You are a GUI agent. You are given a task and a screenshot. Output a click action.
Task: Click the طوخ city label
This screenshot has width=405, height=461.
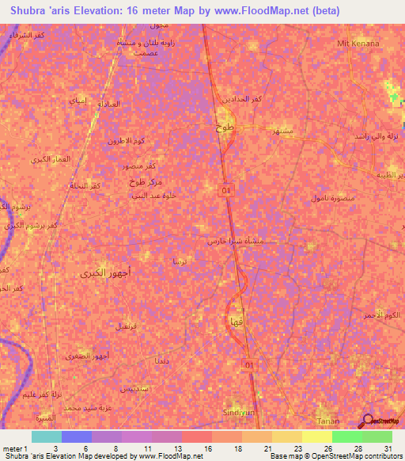pyautogui.click(x=225, y=127)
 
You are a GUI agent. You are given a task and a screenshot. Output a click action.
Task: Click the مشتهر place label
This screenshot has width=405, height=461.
pyautogui.click(x=282, y=129)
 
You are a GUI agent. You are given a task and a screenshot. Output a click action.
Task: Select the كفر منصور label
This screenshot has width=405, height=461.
pyautogui.click(x=138, y=167)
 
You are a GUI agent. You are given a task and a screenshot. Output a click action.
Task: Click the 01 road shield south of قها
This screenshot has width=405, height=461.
pyautogui.click(x=249, y=364)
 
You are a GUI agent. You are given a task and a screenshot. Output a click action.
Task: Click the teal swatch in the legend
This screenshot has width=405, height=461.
pyautogui.click(x=46, y=436)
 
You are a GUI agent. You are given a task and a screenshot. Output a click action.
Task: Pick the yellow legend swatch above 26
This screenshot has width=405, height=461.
pyautogui.click(x=316, y=436)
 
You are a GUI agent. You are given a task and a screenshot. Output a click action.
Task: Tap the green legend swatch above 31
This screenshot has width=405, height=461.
pyautogui.click(x=377, y=436)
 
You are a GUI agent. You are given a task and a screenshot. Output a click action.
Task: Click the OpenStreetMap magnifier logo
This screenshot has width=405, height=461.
pyautogui.click(x=365, y=420)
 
